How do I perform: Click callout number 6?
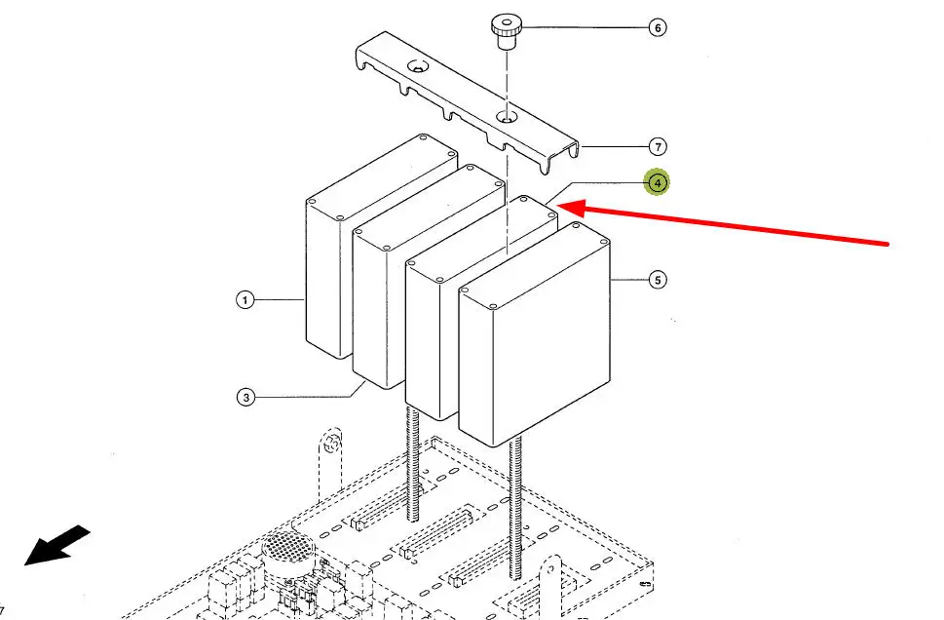tap(658, 27)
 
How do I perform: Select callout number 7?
tap(659, 147)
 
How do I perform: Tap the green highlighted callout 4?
tap(658, 182)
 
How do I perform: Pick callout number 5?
tap(658, 281)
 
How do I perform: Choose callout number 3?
tap(246, 397)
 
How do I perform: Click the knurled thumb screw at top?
tap(506, 30)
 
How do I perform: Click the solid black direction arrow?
tap(57, 545)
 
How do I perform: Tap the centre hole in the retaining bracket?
tap(506, 117)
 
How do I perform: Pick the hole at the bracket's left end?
tap(418, 67)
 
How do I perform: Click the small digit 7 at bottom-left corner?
tap(3, 610)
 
